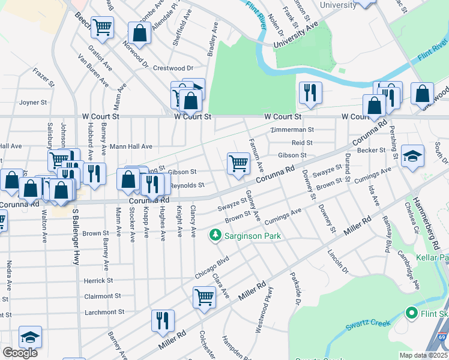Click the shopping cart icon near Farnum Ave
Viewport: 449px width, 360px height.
point(238,163)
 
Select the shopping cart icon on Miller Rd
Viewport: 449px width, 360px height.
point(204,296)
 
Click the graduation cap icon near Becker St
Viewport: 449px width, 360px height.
point(412,155)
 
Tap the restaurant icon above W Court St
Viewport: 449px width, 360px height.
point(310,92)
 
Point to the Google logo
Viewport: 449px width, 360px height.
point(20,353)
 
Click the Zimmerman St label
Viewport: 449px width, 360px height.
point(292,130)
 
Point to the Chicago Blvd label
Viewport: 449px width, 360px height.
point(212,267)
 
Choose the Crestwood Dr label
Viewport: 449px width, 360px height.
point(173,68)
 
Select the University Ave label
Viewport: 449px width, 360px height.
point(295,36)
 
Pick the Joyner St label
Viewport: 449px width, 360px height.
point(33,102)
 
